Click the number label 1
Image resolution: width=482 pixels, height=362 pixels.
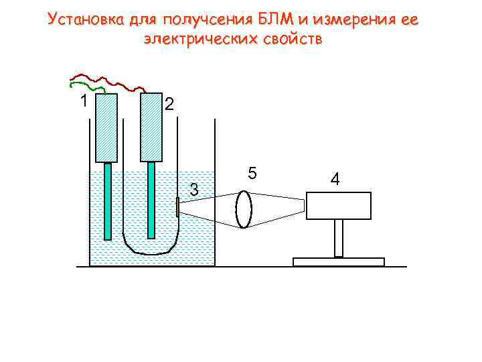click(82, 102)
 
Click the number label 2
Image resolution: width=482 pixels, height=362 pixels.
click(169, 104)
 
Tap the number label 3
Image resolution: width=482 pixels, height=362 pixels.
click(194, 190)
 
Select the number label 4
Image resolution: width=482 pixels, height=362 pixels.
click(335, 179)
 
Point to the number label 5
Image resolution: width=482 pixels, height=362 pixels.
click(252, 173)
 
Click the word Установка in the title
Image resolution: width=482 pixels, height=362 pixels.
click(85, 20)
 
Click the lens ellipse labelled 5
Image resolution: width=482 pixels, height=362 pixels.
click(244, 209)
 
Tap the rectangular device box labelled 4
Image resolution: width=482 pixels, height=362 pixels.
click(338, 205)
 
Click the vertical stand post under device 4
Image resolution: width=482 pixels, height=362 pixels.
click(339, 238)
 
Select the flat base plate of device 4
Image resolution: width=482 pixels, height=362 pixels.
click(339, 261)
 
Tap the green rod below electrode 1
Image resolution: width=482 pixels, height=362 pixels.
click(107, 201)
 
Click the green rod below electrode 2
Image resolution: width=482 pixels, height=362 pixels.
click(151, 200)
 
